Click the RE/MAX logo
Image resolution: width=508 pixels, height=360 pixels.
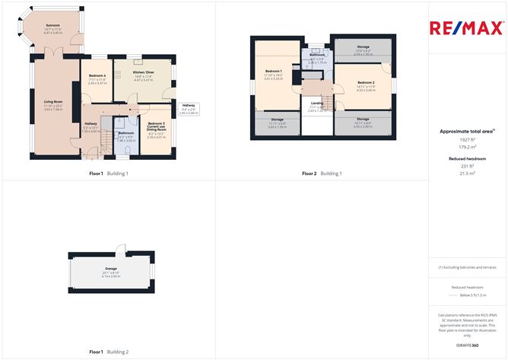click(466, 28)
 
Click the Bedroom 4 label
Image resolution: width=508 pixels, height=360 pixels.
click(96, 76)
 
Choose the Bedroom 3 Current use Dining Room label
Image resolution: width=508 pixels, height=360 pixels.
click(157, 127)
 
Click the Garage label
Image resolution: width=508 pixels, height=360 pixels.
click(111, 269)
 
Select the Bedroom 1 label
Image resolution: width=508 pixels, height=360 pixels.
click(273, 71)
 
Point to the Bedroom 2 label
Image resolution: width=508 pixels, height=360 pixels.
click(366, 81)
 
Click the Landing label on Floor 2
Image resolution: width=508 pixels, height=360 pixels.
click(316, 103)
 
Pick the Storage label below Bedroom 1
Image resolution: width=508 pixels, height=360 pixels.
click(276, 119)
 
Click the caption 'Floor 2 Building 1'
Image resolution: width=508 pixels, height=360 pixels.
click(322, 174)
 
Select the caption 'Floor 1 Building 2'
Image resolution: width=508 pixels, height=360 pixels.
click(110, 352)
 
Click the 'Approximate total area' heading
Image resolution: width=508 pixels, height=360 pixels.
click(466, 131)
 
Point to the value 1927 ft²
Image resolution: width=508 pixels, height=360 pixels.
click(467, 141)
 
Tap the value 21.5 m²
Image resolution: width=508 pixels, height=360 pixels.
click(467, 173)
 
